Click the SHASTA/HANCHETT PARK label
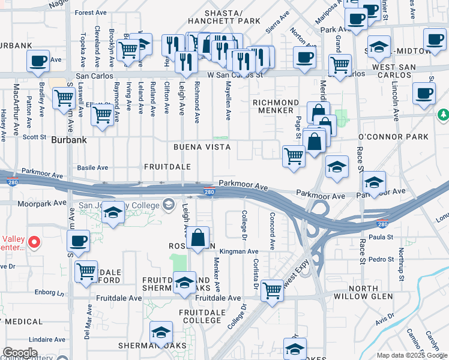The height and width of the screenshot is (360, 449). pyautogui.click(x=231, y=16)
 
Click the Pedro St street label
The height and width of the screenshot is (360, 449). pyautogui.click(x=381, y=259)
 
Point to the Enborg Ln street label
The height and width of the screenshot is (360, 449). pyautogui.click(x=49, y=294)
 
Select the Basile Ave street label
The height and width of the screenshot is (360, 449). pyautogui.click(x=93, y=167)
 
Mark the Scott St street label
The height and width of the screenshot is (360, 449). pyautogui.click(x=34, y=137)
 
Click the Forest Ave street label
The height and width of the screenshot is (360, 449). pyautogui.click(x=91, y=12)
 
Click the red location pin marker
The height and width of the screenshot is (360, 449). pyautogui.click(x=34, y=243)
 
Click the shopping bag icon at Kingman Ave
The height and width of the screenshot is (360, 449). pyautogui.click(x=197, y=238)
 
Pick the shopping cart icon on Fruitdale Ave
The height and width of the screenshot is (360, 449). pyautogui.click(x=273, y=291)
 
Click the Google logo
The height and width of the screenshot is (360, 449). pyautogui.click(x=19, y=353)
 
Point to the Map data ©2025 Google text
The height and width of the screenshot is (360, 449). pyautogui.click(x=412, y=355)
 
